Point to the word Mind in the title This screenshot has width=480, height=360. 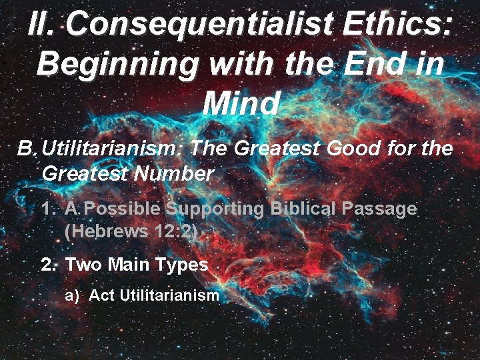click(241, 103)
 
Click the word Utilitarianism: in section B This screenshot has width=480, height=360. click(111, 147)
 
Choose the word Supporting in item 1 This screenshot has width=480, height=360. click(216, 209)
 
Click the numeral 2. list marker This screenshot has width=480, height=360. click(48, 265)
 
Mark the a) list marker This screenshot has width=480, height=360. click(72, 295)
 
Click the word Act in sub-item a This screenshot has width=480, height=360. click(102, 295)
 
